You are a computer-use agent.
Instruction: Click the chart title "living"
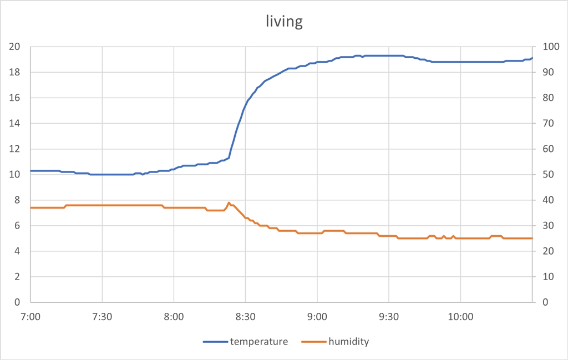284,22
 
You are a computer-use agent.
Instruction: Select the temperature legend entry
258,342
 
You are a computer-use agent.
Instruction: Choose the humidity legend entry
348,342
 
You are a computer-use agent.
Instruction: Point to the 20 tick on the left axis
14,47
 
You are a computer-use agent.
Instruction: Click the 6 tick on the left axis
17,226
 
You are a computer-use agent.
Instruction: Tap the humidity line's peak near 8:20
229,202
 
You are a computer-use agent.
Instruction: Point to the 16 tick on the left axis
14,98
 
